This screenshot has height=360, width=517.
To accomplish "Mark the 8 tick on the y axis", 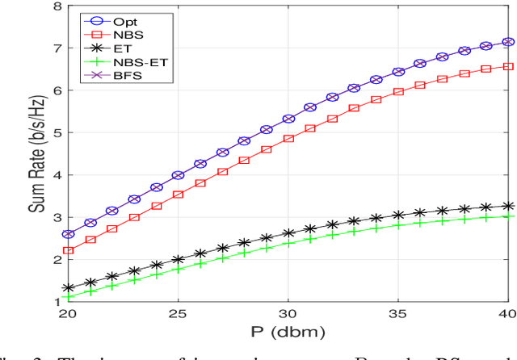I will (x=57, y=7).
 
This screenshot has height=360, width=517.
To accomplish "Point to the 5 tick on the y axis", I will (x=57, y=134).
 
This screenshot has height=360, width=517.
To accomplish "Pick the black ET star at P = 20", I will (x=69, y=288).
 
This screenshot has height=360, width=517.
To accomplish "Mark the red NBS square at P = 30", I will (x=288, y=138).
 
